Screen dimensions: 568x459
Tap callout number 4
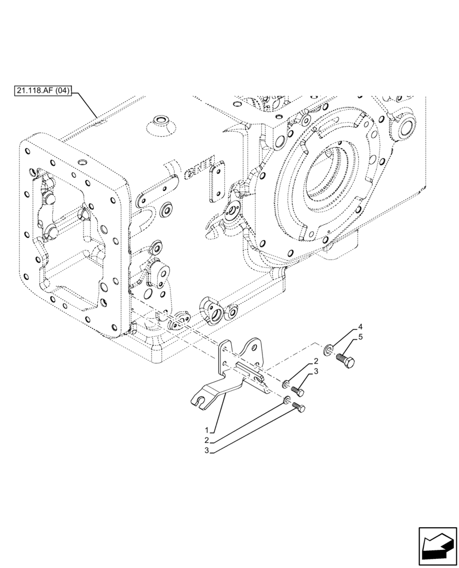coord(359,328)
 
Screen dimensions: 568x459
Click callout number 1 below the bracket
coord(209,429)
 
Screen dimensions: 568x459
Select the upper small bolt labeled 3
coord(298,391)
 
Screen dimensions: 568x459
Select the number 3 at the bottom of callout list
coord(209,451)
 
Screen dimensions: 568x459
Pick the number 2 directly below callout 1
coord(209,440)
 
